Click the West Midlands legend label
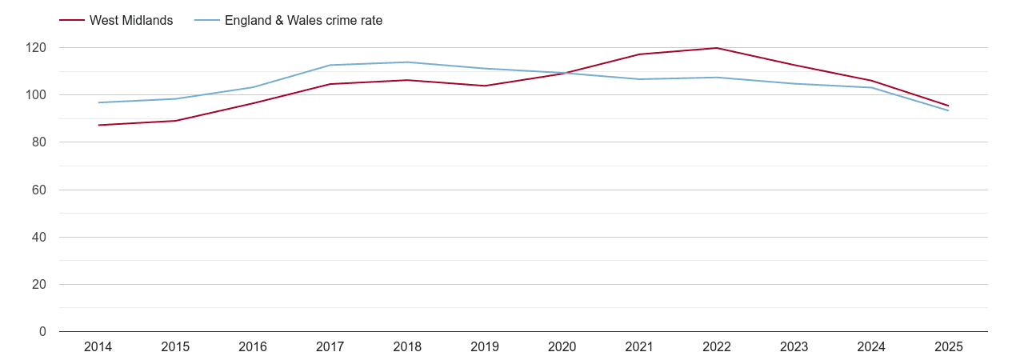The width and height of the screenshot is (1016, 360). tap(130, 21)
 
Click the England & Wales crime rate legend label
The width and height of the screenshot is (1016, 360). tap(303, 21)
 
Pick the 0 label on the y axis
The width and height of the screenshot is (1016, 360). tap(43, 332)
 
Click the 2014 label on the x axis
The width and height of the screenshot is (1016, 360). tap(98, 347)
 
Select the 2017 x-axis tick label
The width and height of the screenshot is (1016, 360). tap(330, 347)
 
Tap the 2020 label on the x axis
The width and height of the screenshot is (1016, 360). tap(562, 347)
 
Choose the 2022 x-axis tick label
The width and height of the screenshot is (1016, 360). tap(716, 347)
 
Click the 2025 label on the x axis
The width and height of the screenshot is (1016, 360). tap(948, 347)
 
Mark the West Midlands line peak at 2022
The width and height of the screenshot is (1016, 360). tap(716, 48)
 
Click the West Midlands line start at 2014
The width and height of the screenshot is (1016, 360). tap(98, 125)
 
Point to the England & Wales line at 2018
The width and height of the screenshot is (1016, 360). tap(407, 62)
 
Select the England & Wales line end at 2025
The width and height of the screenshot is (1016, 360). tap(948, 110)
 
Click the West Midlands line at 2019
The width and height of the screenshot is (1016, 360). tap(485, 86)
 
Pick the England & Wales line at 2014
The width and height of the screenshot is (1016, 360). tap(98, 102)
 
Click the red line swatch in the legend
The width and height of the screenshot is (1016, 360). tap(72, 21)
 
